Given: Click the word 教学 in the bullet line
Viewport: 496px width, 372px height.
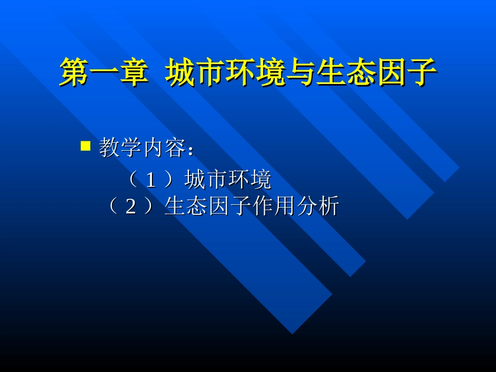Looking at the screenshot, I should (x=120, y=149).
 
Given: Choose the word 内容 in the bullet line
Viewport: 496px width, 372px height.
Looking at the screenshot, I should (x=164, y=149).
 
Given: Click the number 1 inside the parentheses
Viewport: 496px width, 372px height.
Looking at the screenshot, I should (x=150, y=180).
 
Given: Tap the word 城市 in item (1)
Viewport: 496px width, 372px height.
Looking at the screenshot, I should (x=206, y=180).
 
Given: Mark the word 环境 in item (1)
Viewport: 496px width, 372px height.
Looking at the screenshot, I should (x=250, y=180).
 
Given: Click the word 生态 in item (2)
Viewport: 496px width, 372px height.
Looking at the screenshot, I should (x=186, y=207).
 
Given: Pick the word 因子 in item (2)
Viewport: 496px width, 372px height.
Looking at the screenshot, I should (x=230, y=207).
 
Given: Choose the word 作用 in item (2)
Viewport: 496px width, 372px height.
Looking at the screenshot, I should (x=274, y=207).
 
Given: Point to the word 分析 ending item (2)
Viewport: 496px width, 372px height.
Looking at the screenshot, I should (x=318, y=207).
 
